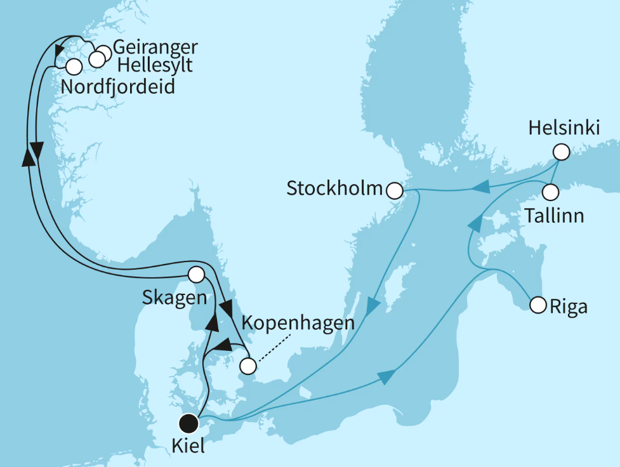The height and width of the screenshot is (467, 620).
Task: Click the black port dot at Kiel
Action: pos(188,423)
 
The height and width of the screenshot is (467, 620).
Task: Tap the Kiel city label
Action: pos(188,446)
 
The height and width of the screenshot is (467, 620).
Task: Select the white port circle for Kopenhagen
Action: pos(248,366)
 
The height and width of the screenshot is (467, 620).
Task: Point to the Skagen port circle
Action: pos(196,275)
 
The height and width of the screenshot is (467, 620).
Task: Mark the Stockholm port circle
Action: pos(394,190)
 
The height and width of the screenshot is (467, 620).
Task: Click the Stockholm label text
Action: pos(334,188)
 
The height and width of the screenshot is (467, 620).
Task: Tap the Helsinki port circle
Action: pos(560,152)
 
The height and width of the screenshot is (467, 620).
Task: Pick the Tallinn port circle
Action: pos(550,191)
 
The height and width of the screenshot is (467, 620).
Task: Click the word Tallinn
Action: pos(555,216)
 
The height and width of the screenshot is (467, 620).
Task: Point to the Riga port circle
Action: pos(538,305)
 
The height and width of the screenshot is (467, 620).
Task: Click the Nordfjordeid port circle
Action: pos(74,65)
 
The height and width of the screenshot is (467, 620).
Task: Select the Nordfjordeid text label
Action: pos(117,86)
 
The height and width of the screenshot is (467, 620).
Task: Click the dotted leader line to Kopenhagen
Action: pos(270,349)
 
